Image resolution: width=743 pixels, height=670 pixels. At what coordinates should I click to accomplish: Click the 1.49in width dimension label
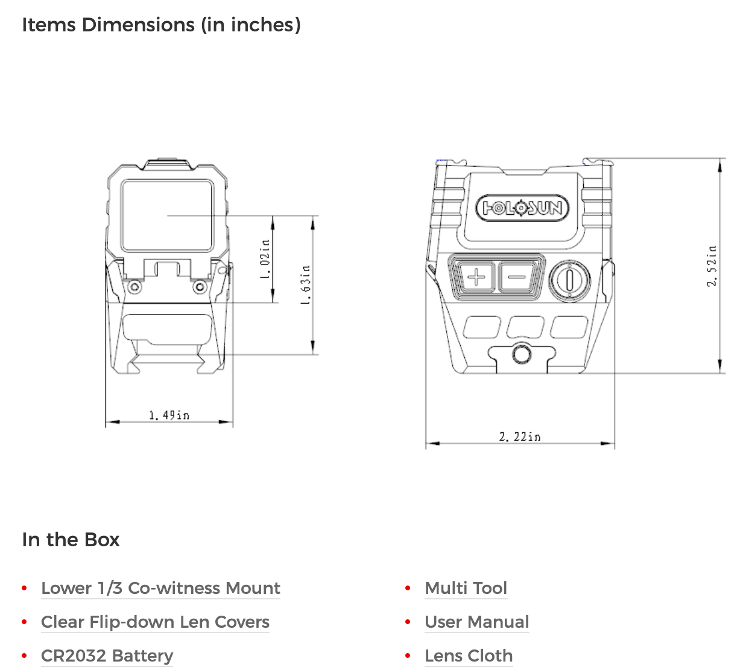point(169,415)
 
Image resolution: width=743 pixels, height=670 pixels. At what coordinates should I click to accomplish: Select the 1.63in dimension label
point(306,284)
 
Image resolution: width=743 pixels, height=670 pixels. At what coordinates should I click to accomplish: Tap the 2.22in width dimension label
point(519,436)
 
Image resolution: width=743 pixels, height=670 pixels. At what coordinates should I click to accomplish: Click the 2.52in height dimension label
point(712,266)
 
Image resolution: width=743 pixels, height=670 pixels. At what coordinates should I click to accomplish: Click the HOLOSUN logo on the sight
point(522,208)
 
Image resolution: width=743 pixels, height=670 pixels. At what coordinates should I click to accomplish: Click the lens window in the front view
point(167,215)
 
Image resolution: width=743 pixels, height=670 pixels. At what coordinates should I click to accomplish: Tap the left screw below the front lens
point(136,286)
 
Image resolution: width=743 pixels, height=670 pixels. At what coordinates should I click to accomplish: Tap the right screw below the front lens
point(199,286)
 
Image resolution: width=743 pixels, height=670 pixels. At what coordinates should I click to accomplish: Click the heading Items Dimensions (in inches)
point(161,25)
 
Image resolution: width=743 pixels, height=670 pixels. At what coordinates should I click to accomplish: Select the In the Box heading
point(71,540)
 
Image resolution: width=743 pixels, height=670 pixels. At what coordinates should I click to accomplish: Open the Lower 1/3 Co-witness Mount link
point(160,588)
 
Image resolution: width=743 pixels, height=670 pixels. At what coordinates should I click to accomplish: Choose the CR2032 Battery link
point(107,656)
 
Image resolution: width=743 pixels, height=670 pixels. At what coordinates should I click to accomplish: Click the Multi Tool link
point(466,588)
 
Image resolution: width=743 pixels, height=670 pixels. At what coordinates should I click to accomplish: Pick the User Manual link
point(476,622)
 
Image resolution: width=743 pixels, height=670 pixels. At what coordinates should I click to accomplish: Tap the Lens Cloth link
point(469,656)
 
